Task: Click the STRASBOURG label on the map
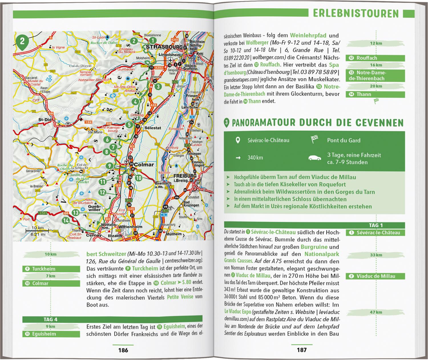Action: coord(164,46)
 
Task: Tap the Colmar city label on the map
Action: coord(144,165)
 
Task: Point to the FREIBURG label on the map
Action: coord(185,176)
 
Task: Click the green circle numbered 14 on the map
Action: coord(66,221)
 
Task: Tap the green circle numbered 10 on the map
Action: coord(138,178)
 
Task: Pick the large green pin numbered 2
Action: coord(23,42)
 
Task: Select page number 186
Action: coord(123,350)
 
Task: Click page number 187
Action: coord(302,350)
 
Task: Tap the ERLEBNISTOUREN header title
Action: coord(356,13)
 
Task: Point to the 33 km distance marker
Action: coord(376,255)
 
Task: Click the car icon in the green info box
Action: coord(315,157)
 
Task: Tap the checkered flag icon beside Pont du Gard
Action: coord(314,140)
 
